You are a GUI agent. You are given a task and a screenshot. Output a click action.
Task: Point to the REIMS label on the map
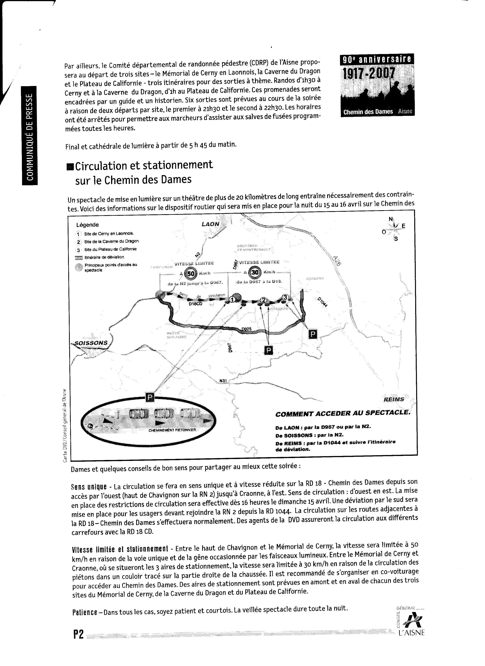coord(393,399)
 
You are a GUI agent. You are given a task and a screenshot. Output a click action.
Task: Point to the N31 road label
coord(223,381)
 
